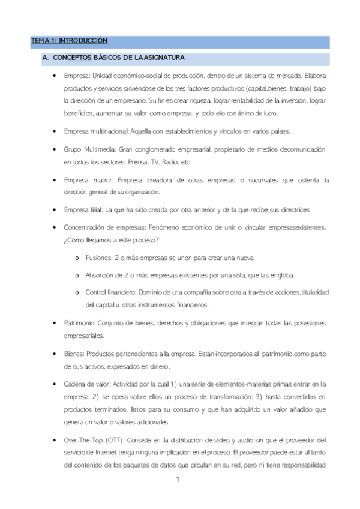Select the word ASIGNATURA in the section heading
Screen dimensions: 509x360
point(163,58)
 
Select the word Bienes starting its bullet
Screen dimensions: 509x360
point(74,354)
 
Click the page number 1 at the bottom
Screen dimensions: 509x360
point(178,480)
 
